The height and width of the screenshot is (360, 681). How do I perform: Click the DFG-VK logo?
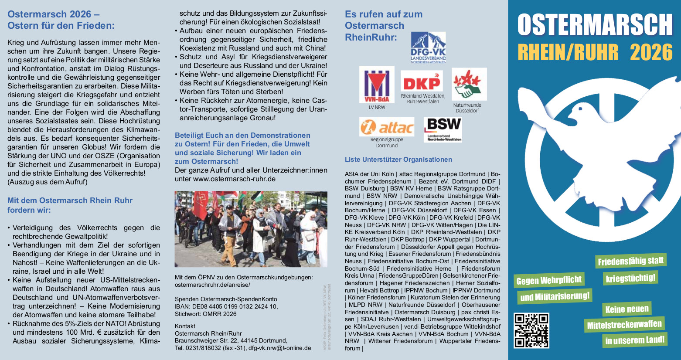coord(428,48)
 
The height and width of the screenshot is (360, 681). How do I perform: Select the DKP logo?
coord(421,82)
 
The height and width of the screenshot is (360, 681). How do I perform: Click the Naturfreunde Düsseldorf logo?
coord(469,84)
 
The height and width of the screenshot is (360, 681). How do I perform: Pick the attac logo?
coord(387,127)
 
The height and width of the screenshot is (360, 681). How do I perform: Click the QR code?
coord(531,330)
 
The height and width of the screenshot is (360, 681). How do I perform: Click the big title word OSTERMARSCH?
coord(595,25)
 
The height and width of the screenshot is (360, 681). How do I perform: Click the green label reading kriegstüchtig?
coord(630,278)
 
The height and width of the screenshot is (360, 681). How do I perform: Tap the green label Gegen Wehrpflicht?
coord(549,280)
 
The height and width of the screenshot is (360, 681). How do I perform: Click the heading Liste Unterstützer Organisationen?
coord(398,160)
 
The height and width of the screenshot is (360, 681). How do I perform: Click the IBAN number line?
coord(226,306)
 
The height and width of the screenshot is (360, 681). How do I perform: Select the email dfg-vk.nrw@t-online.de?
coord(279,348)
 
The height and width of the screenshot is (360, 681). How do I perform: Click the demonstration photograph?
coord(251,229)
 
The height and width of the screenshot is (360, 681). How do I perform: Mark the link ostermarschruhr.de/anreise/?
coord(212,285)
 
